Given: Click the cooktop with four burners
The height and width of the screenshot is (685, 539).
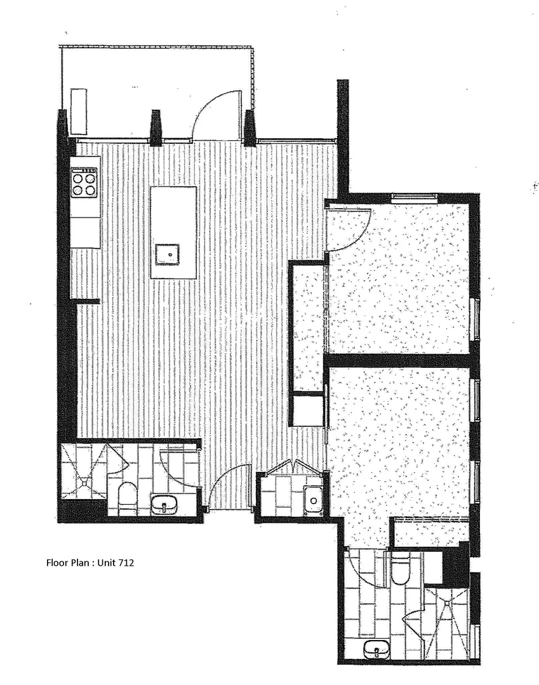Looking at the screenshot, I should [x=85, y=183].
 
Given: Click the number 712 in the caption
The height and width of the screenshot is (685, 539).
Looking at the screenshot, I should [x=124, y=562].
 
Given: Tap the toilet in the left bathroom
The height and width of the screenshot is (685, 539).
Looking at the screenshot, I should [x=128, y=497].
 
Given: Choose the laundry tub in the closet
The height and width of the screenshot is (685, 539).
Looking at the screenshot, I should [x=313, y=500].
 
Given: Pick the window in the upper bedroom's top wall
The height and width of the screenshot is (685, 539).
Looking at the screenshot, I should [x=414, y=198].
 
